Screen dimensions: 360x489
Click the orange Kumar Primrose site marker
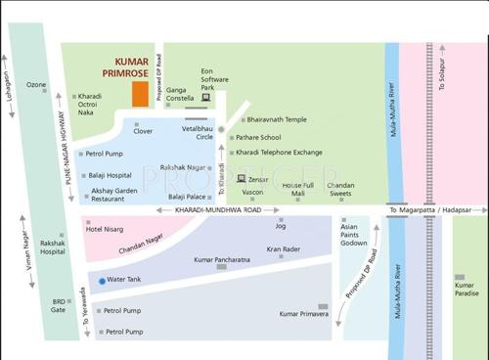click(x=141, y=93)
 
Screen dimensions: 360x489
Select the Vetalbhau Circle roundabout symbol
click(x=222, y=129)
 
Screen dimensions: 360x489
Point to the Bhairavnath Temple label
click(x=269, y=119)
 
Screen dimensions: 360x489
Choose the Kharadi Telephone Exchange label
click(x=279, y=153)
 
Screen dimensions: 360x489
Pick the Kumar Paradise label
click(x=467, y=289)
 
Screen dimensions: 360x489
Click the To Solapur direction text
click(x=442, y=69)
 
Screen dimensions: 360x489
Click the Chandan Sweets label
click(x=341, y=189)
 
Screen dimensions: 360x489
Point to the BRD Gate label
click(x=61, y=305)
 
